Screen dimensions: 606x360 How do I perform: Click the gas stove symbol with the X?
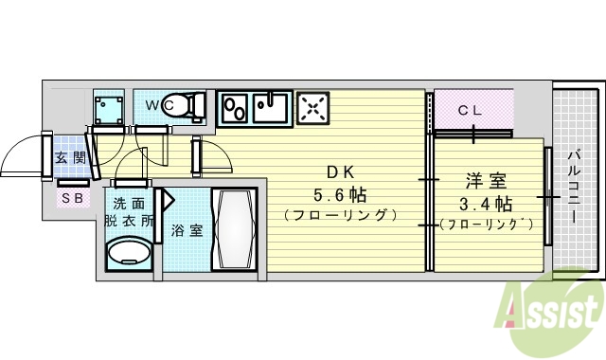pyautogui.click(x=312, y=108)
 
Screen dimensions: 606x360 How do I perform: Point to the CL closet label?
pyautogui.click(x=471, y=110)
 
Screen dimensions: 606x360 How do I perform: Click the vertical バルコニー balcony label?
pyautogui.click(x=575, y=186)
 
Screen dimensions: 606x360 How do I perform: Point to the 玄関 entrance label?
pyautogui.click(x=70, y=158)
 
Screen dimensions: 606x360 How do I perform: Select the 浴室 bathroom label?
pyautogui.click(x=187, y=229)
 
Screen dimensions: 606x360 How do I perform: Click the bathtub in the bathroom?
pyautogui.click(x=233, y=229)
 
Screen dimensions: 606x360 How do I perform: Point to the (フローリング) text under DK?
pyautogui.click(x=338, y=216)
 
